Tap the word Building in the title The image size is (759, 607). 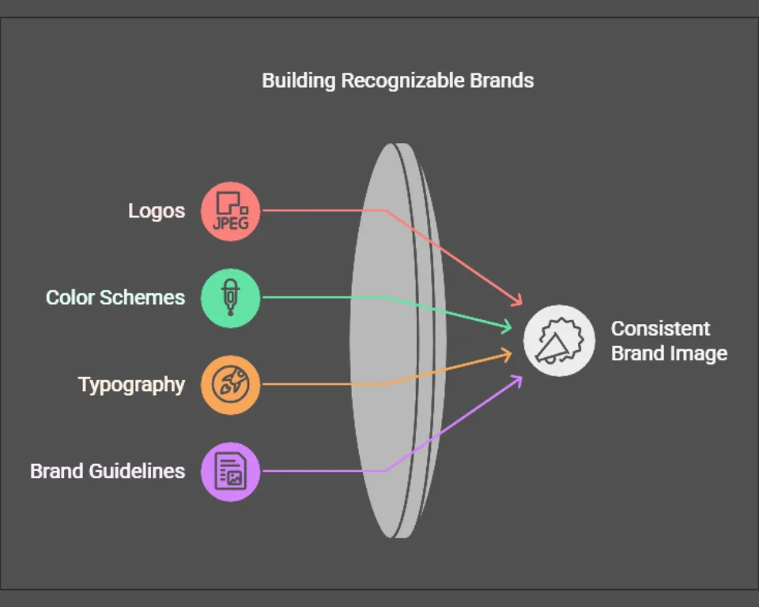point(298,81)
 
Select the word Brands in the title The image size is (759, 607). point(501,81)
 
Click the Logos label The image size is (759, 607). point(157,211)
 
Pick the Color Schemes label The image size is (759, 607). point(115,298)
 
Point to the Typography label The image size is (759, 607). point(132,385)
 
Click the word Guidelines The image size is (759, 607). point(137,471)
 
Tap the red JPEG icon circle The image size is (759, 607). point(230,212)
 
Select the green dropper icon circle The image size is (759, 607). point(230,298)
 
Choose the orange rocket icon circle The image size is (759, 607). point(230,385)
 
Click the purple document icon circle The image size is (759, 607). point(230,472)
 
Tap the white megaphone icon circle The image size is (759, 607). point(559,341)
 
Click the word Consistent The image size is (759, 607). point(660,329)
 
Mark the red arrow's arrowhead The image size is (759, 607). point(517,300)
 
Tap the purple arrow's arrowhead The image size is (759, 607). point(517,381)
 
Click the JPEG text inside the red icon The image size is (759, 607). point(230,223)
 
